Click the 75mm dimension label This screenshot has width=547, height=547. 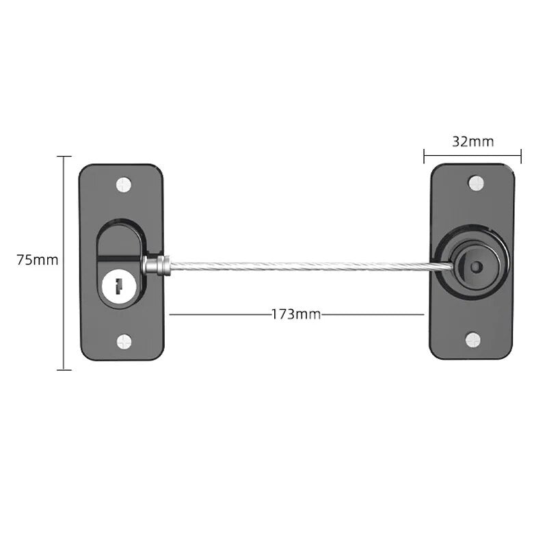(x=38, y=260)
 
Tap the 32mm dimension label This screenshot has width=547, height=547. (x=472, y=142)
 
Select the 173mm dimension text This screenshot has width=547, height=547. (x=295, y=314)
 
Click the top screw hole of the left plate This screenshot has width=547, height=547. (x=124, y=183)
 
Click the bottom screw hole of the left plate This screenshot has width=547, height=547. (x=124, y=340)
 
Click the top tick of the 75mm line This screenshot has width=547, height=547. (x=64, y=157)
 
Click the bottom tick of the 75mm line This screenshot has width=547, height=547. (x=64, y=370)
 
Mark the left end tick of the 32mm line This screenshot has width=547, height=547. (x=424, y=157)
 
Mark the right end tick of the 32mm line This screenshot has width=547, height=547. (x=522, y=157)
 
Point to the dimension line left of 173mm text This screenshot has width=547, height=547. (x=219, y=314)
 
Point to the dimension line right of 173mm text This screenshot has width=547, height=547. (x=373, y=314)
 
